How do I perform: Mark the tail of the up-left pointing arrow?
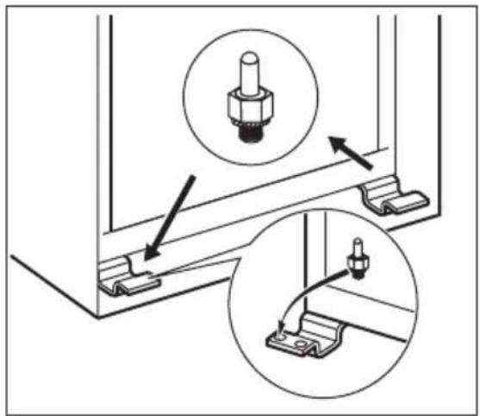coord(373,165)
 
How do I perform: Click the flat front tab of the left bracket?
coord(136,286)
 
